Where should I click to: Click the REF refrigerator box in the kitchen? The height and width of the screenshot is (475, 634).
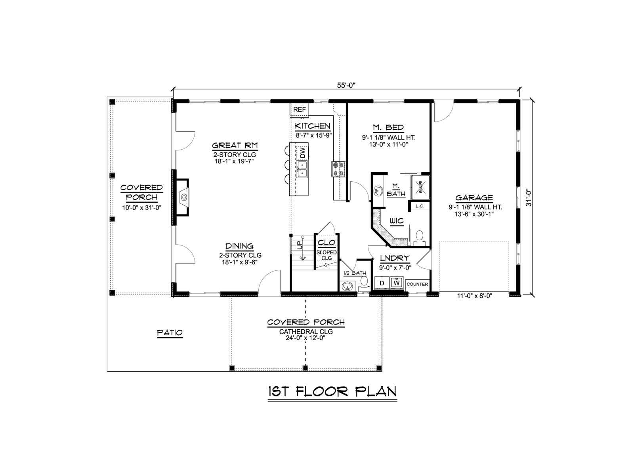coord(299,110)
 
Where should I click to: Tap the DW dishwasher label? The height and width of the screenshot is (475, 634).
coord(302,152)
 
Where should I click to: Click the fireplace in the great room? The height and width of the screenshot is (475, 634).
coord(183,197)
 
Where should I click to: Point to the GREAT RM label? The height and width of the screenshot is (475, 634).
coord(235,145)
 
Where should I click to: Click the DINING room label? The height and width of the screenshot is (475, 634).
coord(239,246)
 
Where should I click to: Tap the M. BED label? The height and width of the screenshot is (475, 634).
coord(388,127)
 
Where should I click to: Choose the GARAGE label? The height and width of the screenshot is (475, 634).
coord(474,198)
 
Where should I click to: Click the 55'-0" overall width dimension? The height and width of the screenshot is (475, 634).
coord(346,85)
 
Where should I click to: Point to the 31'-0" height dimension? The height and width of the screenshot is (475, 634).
coord(529,197)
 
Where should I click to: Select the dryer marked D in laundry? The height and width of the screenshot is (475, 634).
coord(382,283)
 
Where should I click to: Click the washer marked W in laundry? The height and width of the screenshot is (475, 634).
coord(397,283)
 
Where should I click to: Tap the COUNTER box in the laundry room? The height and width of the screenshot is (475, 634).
coord(417,284)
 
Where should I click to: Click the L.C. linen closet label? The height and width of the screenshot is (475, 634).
coord(420,206)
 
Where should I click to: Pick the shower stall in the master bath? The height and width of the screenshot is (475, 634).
coord(420,187)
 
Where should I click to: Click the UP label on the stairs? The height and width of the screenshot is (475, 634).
coord(299,245)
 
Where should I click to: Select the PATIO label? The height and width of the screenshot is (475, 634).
coord(170,333)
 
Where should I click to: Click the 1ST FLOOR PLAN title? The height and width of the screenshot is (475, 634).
coord(332,391)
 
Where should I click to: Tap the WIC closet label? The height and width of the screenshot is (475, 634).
coord(397,221)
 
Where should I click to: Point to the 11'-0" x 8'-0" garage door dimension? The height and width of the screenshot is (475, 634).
coord(474,296)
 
